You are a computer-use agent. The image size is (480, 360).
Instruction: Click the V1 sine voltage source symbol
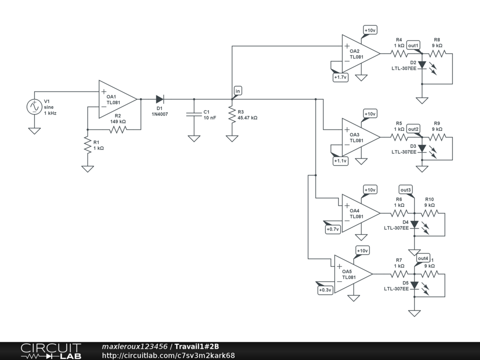pyautogui.click(x=34, y=107)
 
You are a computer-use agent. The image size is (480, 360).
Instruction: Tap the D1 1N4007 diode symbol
pyautogui.click(x=160, y=99)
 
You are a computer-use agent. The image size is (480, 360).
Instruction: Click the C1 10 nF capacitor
pyautogui.click(x=194, y=114)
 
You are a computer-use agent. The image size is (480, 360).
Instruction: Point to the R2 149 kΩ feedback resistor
pyautogui.click(x=118, y=129)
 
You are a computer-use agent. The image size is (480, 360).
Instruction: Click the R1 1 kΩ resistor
pyautogui.click(x=88, y=145)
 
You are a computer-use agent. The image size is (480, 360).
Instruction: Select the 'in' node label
pyautogui.click(x=237, y=91)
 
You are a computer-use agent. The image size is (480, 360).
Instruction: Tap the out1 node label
pyautogui.click(x=413, y=45)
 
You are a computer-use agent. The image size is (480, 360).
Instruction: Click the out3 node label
pyautogui.click(x=406, y=190)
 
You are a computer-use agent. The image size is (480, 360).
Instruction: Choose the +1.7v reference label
pyautogui.click(x=340, y=77)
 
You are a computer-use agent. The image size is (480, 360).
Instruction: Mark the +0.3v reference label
pyautogui.click(x=325, y=290)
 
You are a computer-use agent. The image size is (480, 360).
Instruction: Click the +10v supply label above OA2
pyautogui.click(x=370, y=30)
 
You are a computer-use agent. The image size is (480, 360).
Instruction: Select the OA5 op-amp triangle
pyautogui.click(x=353, y=274)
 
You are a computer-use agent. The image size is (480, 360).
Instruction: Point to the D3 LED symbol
pyautogui.click(x=422, y=149)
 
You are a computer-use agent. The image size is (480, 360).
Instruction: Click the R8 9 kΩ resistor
pyautogui.click(x=437, y=53)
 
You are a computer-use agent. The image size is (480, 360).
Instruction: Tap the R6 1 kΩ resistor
pyautogui.click(x=399, y=213)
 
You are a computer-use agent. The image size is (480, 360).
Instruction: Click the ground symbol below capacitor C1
pyautogui.click(x=194, y=139)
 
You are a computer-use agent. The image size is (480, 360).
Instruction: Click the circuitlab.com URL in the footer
pyautogui.click(x=168, y=355)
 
